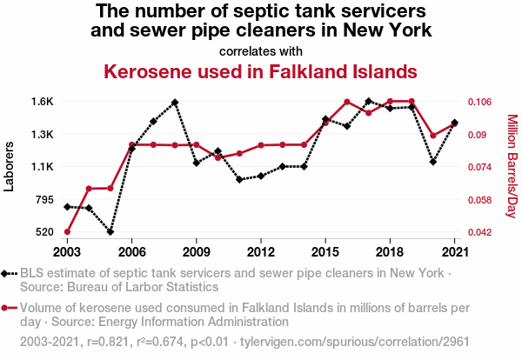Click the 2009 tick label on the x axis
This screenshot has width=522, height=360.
tap(196, 251)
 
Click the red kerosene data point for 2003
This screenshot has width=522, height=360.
tap(67, 231)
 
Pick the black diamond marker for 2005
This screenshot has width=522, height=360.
tap(110, 231)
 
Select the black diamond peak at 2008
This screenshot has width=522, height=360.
tap(175, 103)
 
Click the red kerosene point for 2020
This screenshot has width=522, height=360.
tap(433, 136)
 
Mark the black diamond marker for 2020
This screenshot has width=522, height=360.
tap(433, 162)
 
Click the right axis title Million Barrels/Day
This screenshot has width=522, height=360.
tap(512, 166)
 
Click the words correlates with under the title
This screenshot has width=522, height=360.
tap(261, 50)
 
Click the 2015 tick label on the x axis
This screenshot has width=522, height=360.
tap(325, 251)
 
